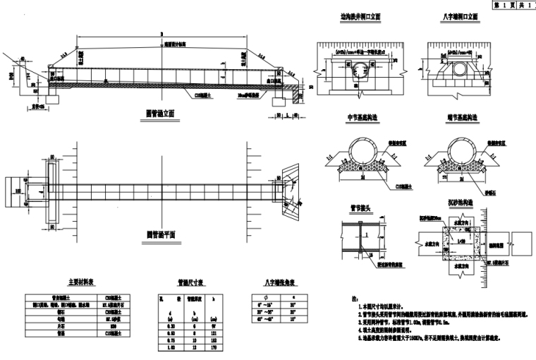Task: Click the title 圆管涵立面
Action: pyautogui.click(x=160, y=112)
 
